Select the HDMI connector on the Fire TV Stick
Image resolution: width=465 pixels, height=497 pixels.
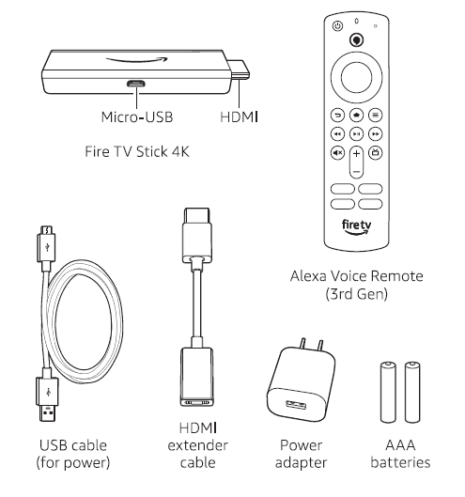(240, 70)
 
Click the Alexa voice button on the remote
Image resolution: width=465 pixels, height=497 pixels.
(356, 39)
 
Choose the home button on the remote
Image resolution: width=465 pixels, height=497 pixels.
(356, 114)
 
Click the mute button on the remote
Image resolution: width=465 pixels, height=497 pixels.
(336, 153)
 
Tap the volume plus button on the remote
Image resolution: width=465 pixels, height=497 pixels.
(356, 152)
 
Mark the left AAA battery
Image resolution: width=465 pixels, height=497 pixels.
(387, 395)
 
